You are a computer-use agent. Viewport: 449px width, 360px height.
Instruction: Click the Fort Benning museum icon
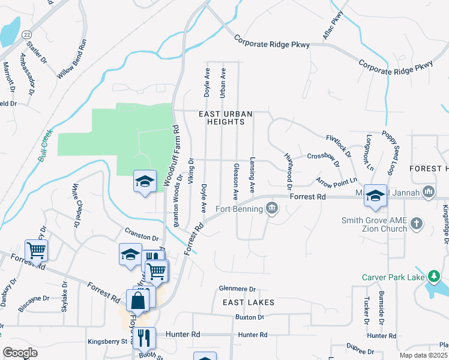[272, 208]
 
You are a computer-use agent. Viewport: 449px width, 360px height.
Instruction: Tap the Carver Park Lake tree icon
[434, 277]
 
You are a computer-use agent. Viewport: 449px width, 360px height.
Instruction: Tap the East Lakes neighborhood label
[248, 302]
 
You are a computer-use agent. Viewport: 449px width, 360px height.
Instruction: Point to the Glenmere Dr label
[238, 289]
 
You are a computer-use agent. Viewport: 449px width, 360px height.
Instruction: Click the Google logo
[20, 353]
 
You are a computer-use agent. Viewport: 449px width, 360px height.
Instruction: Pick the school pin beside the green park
[145, 181]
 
